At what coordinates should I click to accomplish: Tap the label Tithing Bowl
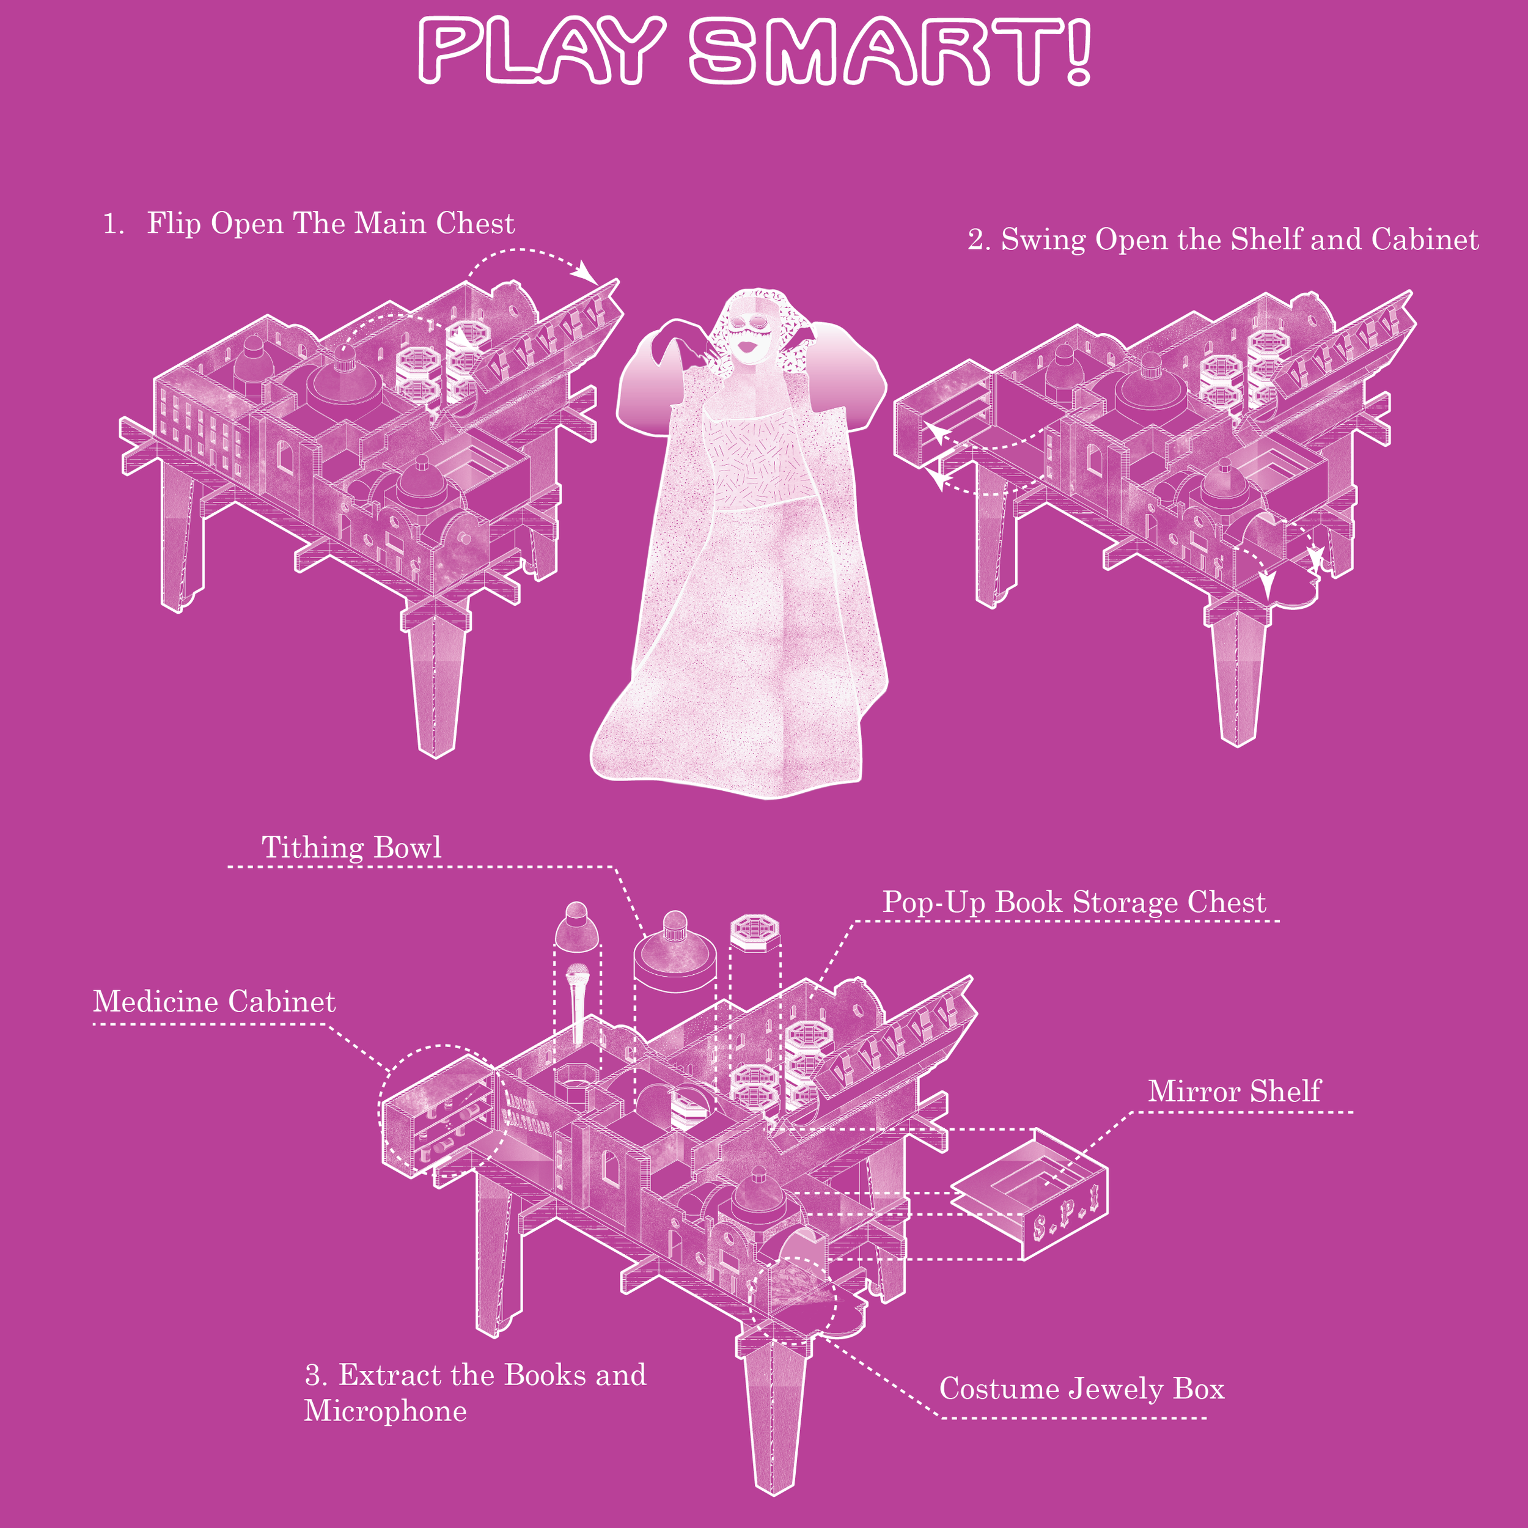[x=351, y=847]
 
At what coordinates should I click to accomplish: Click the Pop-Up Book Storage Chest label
[x=1074, y=902]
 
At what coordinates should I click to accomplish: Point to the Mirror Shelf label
[x=1234, y=1092]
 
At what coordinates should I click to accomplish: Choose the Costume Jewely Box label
[x=1081, y=1388]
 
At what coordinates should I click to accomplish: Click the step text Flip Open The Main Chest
[x=331, y=223]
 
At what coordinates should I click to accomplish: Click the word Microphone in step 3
[x=386, y=1411]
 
